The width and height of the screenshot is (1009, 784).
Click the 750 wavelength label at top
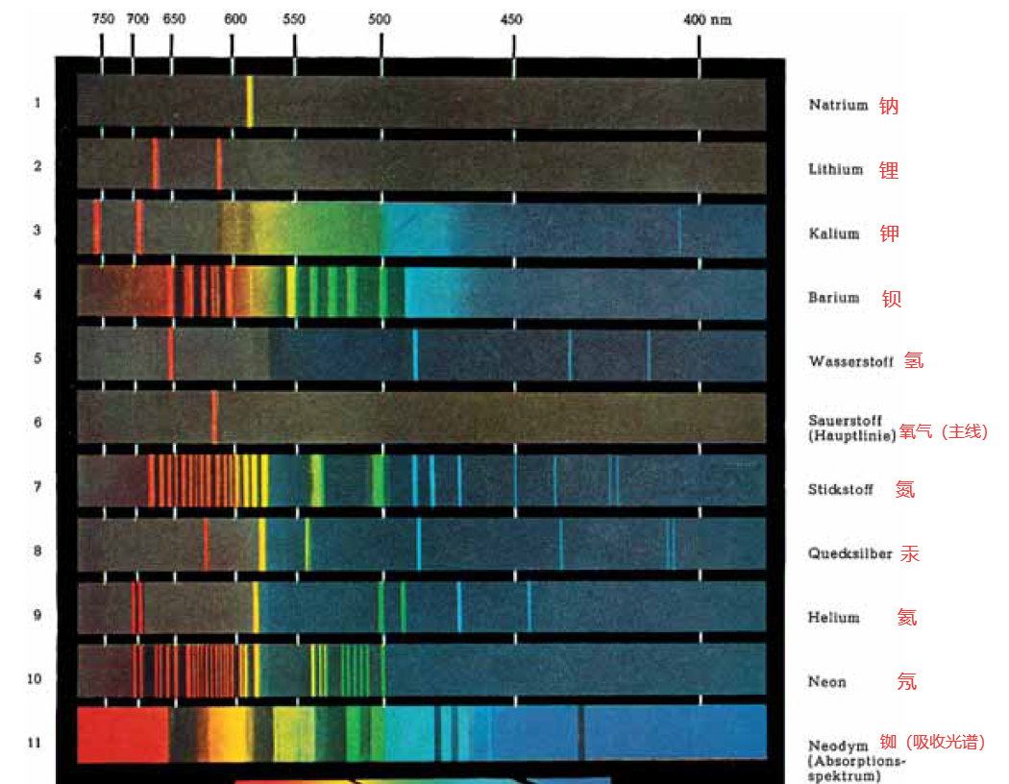click(103, 19)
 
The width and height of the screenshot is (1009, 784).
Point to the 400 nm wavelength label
click(707, 19)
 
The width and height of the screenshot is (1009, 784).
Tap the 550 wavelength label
click(294, 19)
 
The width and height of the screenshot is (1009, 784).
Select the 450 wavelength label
click(512, 19)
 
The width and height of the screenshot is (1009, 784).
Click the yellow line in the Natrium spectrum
click(250, 101)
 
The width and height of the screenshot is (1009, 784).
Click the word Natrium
click(838, 105)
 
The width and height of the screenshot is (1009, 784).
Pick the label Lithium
click(835, 169)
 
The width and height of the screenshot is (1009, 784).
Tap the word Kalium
click(833, 233)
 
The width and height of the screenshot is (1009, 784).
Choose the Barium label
click(833, 298)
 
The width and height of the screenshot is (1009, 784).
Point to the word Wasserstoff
click(851, 362)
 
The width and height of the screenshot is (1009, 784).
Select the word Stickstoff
click(840, 490)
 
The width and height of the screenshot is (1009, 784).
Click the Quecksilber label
click(849, 554)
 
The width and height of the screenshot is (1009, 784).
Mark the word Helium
click(833, 618)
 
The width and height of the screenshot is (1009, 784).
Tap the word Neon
click(826, 682)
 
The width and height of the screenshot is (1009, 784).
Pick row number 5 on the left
click(37, 358)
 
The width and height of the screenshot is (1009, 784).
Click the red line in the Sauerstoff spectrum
click(214, 416)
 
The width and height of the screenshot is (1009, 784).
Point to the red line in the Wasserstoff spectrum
click(171, 354)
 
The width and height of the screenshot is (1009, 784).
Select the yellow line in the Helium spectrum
click(256, 608)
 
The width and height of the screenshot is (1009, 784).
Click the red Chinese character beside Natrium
click(889, 106)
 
